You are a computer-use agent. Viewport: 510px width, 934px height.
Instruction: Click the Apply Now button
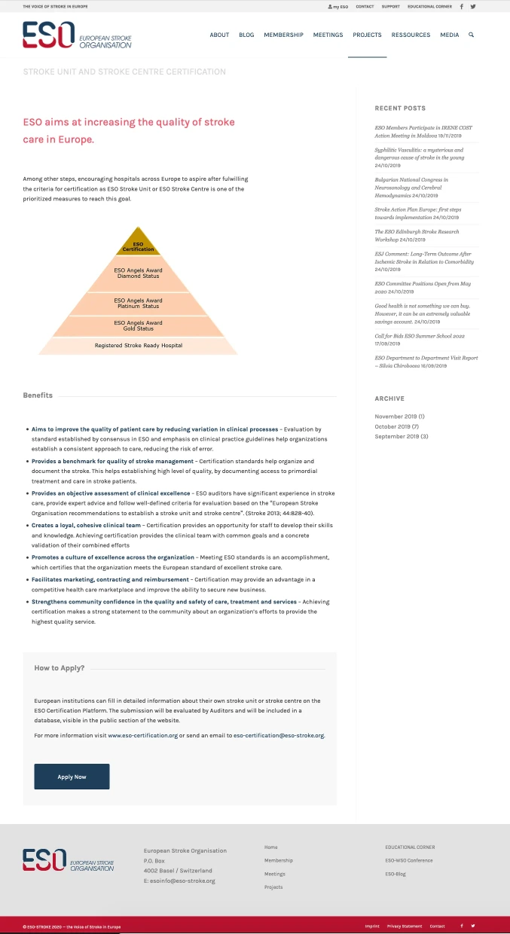coord(72,777)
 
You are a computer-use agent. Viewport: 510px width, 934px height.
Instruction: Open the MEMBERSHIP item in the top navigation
coord(283,35)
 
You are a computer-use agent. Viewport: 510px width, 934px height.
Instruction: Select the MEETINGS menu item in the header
coord(328,35)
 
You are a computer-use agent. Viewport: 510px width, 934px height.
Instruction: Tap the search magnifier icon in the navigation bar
coord(471,35)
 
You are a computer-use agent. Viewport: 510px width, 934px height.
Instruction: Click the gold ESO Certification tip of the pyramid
coord(138,245)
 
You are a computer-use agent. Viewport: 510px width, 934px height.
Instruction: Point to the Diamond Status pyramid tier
coord(138,273)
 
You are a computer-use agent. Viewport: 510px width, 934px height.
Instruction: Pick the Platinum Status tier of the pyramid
coord(138,304)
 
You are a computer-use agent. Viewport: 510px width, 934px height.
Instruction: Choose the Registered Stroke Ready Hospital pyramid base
coord(138,346)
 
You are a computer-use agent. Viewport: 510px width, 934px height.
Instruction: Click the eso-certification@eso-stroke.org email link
coord(279,734)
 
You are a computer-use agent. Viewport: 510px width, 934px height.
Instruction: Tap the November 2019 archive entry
coord(399,417)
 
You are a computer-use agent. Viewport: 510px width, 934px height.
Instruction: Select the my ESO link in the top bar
coord(338,6)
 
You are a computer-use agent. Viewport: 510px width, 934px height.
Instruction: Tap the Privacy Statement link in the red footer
coord(404,926)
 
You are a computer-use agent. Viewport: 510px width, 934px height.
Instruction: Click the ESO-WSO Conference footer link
coord(408,860)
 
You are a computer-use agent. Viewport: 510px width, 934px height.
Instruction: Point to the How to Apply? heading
coord(60,668)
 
